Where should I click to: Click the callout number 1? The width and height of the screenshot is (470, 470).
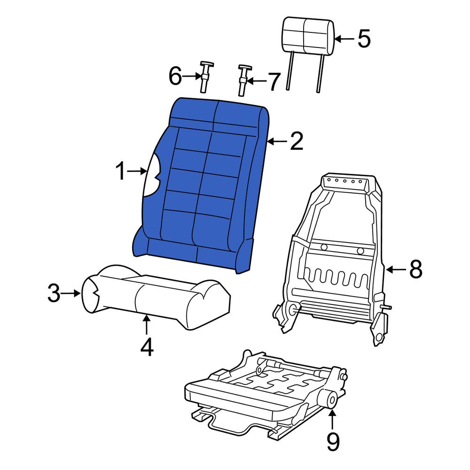[x=120, y=171]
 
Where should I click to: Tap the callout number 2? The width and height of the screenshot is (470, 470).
[x=297, y=141]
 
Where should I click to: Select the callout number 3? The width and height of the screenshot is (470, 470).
[x=54, y=293]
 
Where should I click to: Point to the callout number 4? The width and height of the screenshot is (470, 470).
[x=147, y=347]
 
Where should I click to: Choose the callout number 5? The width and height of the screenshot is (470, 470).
[x=364, y=39]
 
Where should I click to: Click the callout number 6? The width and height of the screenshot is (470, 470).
[x=175, y=76]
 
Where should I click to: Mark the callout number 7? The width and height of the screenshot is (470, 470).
[x=274, y=81]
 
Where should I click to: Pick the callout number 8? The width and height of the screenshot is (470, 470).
[x=416, y=269]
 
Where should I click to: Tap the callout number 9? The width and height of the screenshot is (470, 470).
[x=333, y=441]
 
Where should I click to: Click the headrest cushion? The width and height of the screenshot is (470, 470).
[x=308, y=36]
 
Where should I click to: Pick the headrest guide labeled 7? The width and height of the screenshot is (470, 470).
[x=243, y=80]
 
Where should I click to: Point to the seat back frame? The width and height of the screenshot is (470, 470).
[x=333, y=258]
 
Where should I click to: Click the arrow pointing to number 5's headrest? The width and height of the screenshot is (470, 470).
[x=344, y=39]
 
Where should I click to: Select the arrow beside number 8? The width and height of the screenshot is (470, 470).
[x=396, y=270]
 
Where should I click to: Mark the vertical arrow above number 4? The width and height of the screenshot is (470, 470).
[x=146, y=325]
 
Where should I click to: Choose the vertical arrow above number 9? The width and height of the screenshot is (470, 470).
[x=332, y=420]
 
